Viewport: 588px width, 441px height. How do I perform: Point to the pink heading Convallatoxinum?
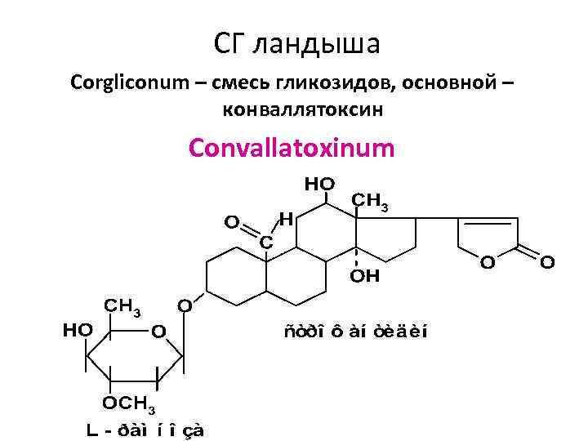[292, 149]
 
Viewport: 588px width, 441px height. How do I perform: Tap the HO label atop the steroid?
[319, 185]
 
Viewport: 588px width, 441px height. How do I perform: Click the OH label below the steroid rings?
[365, 276]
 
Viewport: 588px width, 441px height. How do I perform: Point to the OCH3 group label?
[129, 404]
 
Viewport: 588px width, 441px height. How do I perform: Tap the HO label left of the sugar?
[78, 329]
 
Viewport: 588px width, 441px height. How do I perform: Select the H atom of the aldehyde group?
[285, 218]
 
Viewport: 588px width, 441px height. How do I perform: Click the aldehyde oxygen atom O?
[232, 221]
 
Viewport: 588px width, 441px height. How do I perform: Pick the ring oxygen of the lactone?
[487, 262]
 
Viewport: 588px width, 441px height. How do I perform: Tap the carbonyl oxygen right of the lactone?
[547, 262]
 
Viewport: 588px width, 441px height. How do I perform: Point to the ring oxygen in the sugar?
[158, 331]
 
